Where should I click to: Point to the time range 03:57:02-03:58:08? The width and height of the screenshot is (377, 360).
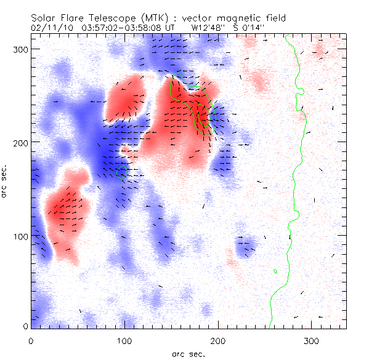click(122, 28)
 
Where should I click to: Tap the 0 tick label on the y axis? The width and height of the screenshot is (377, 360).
click(25, 326)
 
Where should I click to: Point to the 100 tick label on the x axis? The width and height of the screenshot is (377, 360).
click(124, 340)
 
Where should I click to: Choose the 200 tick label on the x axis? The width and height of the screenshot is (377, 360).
click(218, 340)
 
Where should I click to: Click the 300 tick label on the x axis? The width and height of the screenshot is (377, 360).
click(312, 340)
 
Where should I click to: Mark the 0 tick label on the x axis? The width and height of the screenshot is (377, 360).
click(31, 340)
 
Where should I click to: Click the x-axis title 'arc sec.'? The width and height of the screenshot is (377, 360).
click(188, 354)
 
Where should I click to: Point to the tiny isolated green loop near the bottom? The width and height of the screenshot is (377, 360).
click(275, 271)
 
